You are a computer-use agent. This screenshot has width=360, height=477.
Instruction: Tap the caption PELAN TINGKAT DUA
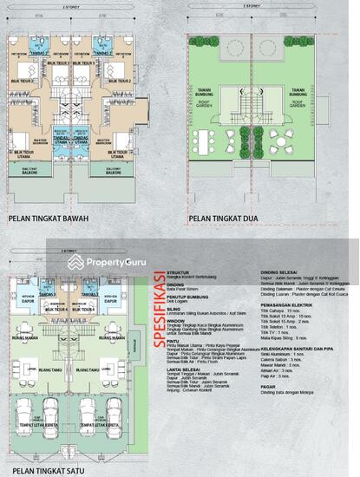[x=228, y=219]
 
